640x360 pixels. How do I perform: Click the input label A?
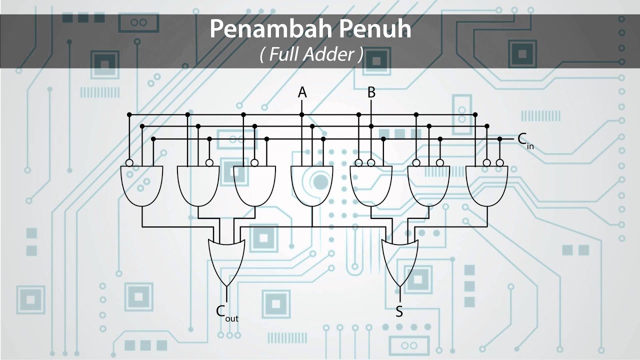pyautogui.click(x=302, y=92)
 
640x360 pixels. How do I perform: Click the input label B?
pyautogui.click(x=371, y=92)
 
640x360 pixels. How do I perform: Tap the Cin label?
pyautogui.click(x=525, y=141)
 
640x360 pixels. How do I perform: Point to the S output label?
pyautogui.click(x=399, y=311)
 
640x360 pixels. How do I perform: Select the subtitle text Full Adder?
pyautogui.click(x=311, y=54)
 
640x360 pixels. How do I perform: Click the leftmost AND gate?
pyautogui.click(x=141, y=186)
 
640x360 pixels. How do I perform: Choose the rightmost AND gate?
pyautogui.click(x=486, y=186)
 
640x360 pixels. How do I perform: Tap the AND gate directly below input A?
pyautogui.click(x=311, y=186)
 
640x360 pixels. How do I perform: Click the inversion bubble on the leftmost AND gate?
pyautogui.click(x=129, y=163)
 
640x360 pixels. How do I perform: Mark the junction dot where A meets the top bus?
pyautogui.click(x=301, y=114)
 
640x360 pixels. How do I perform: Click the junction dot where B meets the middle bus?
pyautogui.click(x=371, y=126)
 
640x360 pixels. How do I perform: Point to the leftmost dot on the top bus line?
pyautogui.click(x=129, y=114)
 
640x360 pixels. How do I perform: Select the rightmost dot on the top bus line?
pyautogui.click(x=475, y=114)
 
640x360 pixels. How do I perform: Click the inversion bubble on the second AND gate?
pyautogui.click(x=209, y=163)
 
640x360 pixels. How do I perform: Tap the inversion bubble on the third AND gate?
pyautogui.click(x=254, y=163)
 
